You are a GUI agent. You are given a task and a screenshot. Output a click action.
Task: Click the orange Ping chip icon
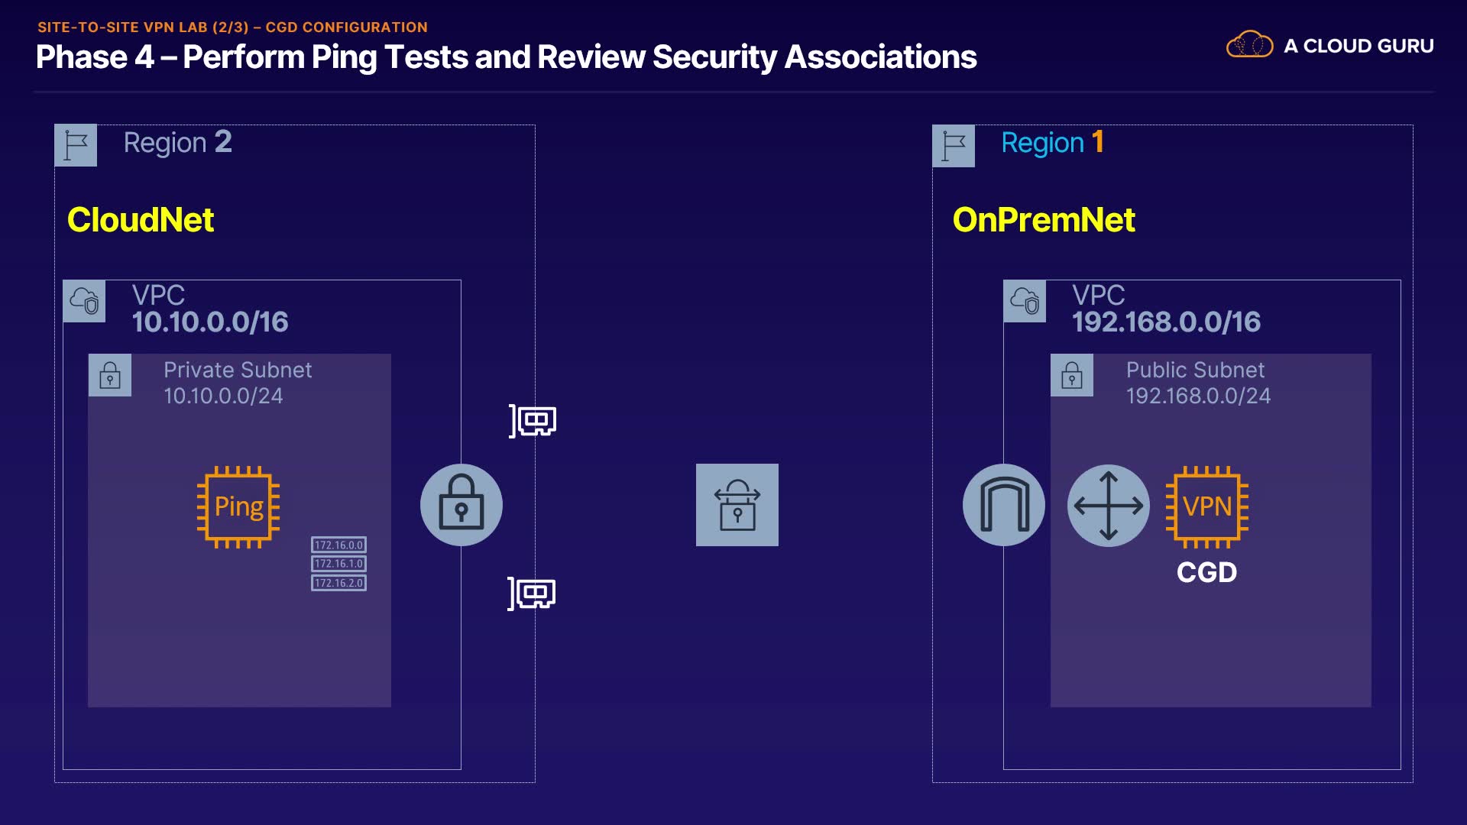click(x=238, y=506)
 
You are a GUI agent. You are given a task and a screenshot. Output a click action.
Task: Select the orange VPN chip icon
click(x=1207, y=506)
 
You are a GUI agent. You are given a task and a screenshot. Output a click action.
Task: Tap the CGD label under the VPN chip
click(x=1206, y=572)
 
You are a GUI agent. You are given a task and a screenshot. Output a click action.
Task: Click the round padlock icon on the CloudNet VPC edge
click(x=461, y=505)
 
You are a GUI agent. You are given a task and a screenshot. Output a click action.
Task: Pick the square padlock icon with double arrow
click(x=737, y=505)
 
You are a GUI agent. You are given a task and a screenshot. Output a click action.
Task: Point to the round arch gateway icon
click(x=1004, y=505)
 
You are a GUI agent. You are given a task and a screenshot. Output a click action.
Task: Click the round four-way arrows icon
click(x=1109, y=505)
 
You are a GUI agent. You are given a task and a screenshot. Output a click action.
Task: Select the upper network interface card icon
click(x=533, y=421)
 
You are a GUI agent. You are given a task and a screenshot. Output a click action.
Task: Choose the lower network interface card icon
click(x=532, y=594)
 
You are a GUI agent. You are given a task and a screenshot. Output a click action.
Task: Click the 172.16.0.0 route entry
click(x=338, y=545)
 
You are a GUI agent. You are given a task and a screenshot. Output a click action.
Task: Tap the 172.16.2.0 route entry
click(x=338, y=583)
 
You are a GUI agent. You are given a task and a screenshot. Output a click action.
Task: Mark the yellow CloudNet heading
click(x=141, y=220)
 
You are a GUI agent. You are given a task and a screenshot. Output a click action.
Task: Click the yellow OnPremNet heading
click(x=1044, y=220)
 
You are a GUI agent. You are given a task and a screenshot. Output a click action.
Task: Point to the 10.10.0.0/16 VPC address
click(x=210, y=322)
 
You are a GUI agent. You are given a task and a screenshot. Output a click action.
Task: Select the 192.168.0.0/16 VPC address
click(x=1166, y=322)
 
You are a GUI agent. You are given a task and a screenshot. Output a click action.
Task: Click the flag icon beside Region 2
click(x=76, y=145)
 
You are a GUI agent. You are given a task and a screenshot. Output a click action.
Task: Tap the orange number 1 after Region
click(x=1098, y=142)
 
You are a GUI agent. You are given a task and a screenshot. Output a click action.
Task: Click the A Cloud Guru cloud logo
click(x=1249, y=45)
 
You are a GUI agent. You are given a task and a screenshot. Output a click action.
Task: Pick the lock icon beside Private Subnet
click(x=110, y=375)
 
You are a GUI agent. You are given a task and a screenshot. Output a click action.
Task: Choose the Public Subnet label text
click(x=1195, y=370)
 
